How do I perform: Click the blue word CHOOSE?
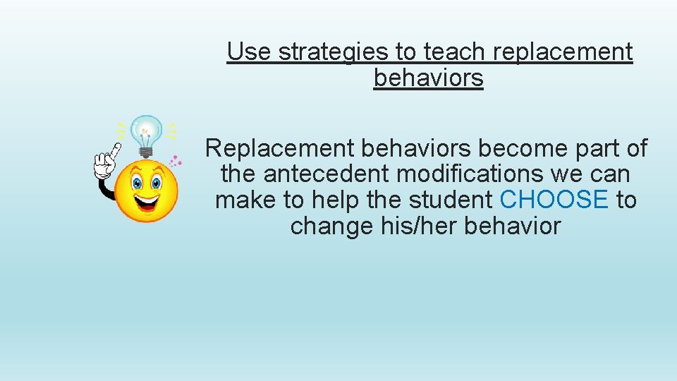click(554, 200)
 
